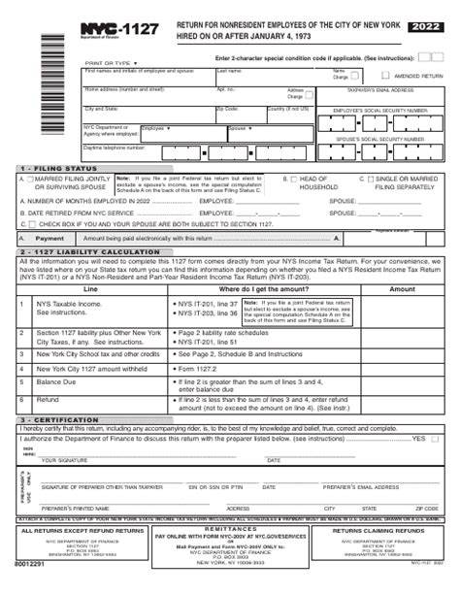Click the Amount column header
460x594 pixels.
pos(401,289)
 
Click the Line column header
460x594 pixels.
pos(90,289)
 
